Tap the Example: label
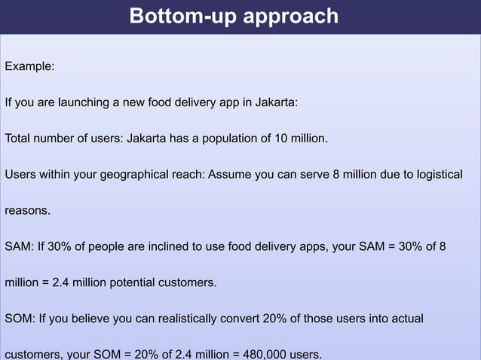click(x=29, y=66)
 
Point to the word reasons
click(x=27, y=211)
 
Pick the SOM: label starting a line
click(x=19, y=319)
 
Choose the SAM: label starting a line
click(x=18, y=246)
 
